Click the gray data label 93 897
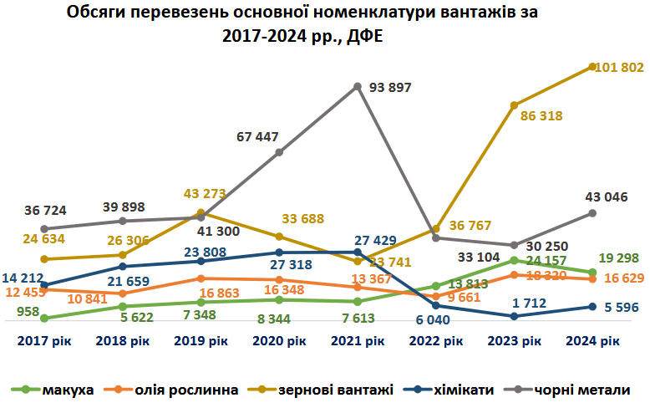coord(389,88)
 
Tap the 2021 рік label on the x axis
coord(358,341)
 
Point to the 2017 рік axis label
coord(44,341)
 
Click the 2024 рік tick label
coord(592,341)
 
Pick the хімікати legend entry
coord(459,390)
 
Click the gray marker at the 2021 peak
coord(358,86)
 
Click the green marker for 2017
coord(43,318)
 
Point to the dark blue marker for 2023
coord(515,316)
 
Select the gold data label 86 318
coord(541,116)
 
